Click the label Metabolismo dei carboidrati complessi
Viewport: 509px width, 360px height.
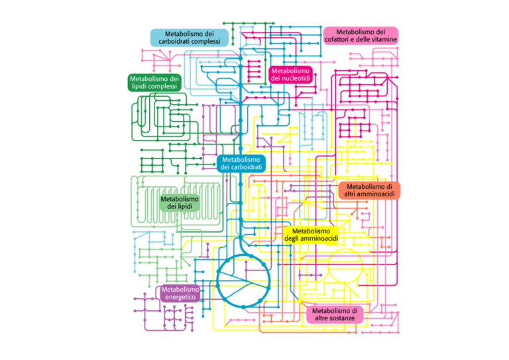pyautogui.click(x=190, y=37)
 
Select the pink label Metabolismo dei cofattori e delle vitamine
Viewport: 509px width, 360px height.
pyautogui.click(x=361, y=35)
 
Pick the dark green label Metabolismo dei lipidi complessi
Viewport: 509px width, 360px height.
pyautogui.click(x=154, y=82)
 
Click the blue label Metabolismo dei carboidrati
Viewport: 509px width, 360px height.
pyautogui.click(x=241, y=163)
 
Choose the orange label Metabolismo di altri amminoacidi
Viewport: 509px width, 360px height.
pyautogui.click(x=370, y=190)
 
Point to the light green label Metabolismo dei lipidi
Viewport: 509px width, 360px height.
pyautogui.click(x=179, y=203)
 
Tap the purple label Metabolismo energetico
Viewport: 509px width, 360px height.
pyautogui.click(x=180, y=294)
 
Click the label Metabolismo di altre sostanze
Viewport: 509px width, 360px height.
pyautogui.click(x=335, y=314)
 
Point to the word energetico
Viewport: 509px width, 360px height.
pyautogui.click(x=180, y=298)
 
